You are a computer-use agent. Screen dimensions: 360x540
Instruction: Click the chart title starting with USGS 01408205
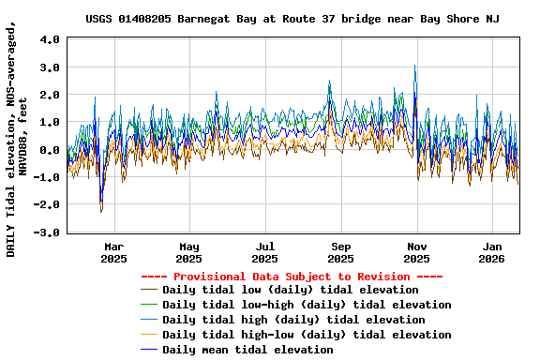tap(292, 18)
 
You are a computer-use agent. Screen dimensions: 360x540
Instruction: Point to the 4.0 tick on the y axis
tap(51, 40)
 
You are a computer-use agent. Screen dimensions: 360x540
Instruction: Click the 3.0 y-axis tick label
tap(51, 67)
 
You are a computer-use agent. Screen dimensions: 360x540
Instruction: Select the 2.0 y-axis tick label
tap(51, 95)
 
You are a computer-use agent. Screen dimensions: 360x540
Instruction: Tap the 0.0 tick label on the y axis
tap(51, 149)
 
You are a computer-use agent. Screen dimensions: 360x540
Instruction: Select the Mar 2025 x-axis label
tap(113, 252)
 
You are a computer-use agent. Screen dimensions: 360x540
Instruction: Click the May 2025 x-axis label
tap(189, 252)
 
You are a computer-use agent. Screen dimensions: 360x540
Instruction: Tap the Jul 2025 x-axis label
tap(265, 252)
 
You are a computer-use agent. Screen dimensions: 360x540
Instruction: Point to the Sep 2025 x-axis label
tap(341, 252)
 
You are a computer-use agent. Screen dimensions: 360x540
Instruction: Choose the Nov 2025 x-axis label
tap(417, 252)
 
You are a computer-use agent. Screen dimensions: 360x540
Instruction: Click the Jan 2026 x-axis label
tap(493, 252)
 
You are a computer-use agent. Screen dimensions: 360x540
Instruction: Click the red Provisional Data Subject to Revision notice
tap(292, 277)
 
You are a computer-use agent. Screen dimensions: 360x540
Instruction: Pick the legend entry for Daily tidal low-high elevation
tap(307, 305)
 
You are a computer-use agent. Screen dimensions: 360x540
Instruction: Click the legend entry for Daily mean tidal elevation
tap(247, 350)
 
